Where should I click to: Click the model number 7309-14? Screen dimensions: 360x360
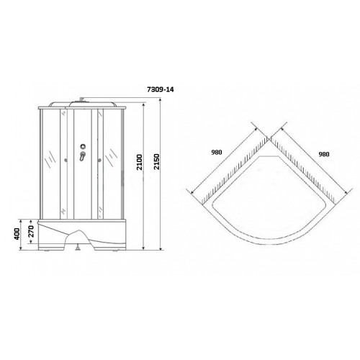pyautogui.click(x=160, y=89)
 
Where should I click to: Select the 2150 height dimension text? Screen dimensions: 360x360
pyautogui.click(x=156, y=162)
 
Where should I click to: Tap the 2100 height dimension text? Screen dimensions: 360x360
pyautogui.click(x=140, y=163)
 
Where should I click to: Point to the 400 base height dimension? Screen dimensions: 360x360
pyautogui.click(x=17, y=233)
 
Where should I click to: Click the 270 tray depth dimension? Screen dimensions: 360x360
pyautogui.click(x=32, y=231)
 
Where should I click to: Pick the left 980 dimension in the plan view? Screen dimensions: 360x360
pyautogui.click(x=217, y=152)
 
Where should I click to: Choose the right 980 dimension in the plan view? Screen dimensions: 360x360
pyautogui.click(x=324, y=154)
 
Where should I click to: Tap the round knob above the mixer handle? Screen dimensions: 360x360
pyautogui.click(x=83, y=146)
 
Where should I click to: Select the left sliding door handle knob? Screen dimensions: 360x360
pyautogui.click(x=66, y=160)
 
